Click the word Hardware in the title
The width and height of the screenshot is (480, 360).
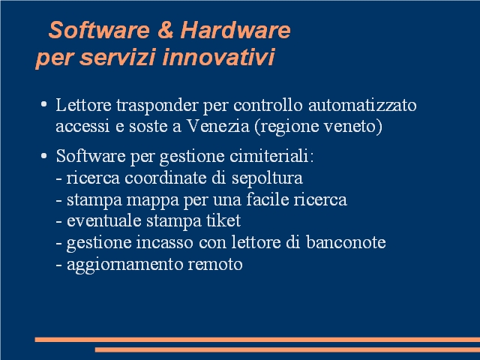[235, 30]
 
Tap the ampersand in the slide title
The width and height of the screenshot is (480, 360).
[165, 30]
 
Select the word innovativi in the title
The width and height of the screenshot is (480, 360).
[218, 57]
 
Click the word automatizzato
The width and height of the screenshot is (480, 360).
[362, 105]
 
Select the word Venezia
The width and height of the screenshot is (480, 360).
[218, 126]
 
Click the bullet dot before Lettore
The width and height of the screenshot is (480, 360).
[43, 104]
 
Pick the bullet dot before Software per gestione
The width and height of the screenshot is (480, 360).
[43, 156]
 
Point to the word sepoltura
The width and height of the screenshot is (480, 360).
[267, 178]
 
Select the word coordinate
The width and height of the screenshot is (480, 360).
[166, 178]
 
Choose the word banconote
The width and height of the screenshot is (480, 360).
[346, 242]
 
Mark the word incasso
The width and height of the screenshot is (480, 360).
[165, 242]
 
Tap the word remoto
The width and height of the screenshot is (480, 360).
[215, 264]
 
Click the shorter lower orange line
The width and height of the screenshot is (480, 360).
[287, 349]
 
